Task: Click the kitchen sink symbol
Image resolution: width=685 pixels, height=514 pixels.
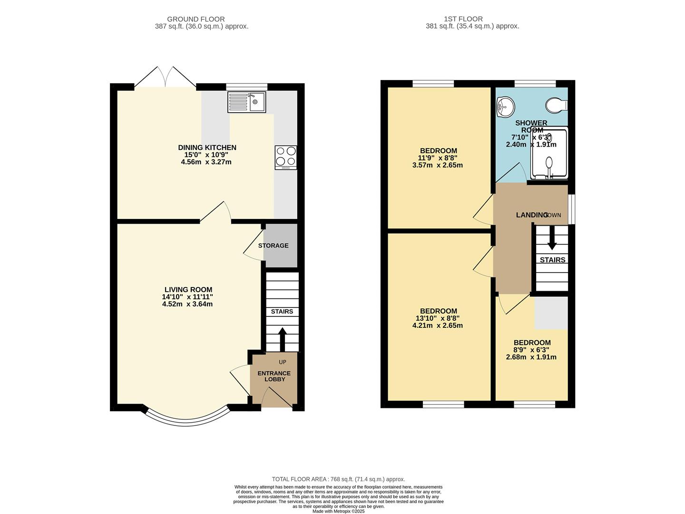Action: click(x=246, y=102)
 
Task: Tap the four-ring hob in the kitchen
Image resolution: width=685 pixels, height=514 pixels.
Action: click(x=285, y=157)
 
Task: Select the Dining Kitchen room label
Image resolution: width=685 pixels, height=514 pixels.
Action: click(x=207, y=148)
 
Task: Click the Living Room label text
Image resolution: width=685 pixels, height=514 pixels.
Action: click(x=188, y=289)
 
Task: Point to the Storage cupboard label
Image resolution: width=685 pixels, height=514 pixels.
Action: click(x=273, y=246)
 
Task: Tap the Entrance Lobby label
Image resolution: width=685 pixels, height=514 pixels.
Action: click(x=274, y=376)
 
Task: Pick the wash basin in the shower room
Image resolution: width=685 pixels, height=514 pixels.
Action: click(x=505, y=107)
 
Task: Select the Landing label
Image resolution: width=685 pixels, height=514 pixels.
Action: click(x=532, y=215)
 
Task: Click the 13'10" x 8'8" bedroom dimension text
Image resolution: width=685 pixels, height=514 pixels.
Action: click(x=437, y=318)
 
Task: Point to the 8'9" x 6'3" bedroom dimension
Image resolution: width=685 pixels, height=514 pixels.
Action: click(x=531, y=350)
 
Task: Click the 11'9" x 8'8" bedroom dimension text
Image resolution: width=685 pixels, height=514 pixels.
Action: click(x=437, y=158)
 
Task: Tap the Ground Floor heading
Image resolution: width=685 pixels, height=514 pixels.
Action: click(x=202, y=19)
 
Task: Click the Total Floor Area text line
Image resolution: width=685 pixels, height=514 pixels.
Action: click(x=338, y=479)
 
